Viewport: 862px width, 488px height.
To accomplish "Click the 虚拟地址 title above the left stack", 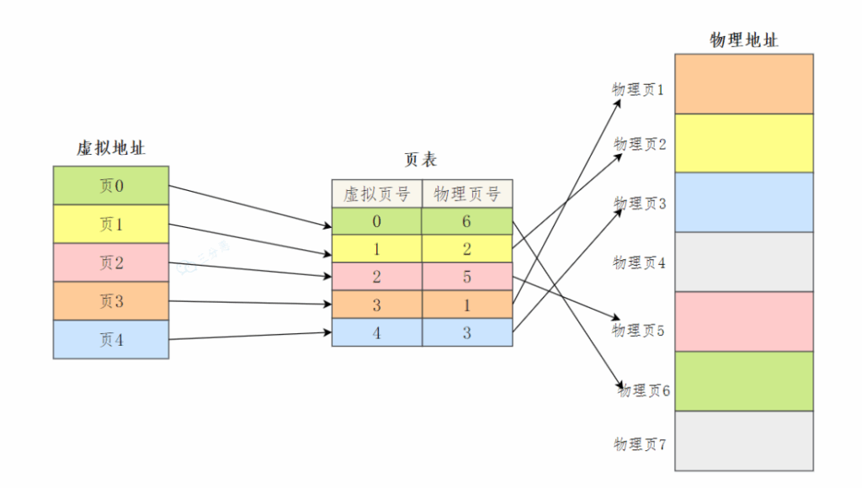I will point(110,149).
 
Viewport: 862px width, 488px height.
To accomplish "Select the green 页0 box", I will point(110,186).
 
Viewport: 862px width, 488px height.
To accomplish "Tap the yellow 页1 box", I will point(110,225).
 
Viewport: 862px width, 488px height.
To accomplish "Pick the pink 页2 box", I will point(110,263).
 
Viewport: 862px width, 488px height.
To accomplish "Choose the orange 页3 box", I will point(110,301).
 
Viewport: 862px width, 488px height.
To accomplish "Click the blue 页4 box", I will point(110,340).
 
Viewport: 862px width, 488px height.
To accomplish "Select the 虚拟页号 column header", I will point(376,194).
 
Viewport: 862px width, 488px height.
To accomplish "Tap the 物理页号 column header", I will point(467,194).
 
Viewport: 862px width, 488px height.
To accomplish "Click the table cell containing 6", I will point(467,221).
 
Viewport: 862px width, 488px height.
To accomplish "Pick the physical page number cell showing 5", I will point(467,277).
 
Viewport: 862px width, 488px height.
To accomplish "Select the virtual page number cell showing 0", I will point(376,221).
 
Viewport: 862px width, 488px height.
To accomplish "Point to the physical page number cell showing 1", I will point(467,305).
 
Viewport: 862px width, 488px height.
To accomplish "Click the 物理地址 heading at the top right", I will point(744,40).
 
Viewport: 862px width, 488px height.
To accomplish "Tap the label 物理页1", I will point(638,89).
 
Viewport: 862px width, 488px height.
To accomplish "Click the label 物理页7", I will point(640,443).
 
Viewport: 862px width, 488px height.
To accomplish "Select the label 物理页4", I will point(640,263).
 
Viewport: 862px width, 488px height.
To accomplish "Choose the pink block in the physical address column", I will point(744,321).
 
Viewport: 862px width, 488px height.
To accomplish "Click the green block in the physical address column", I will point(744,381).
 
